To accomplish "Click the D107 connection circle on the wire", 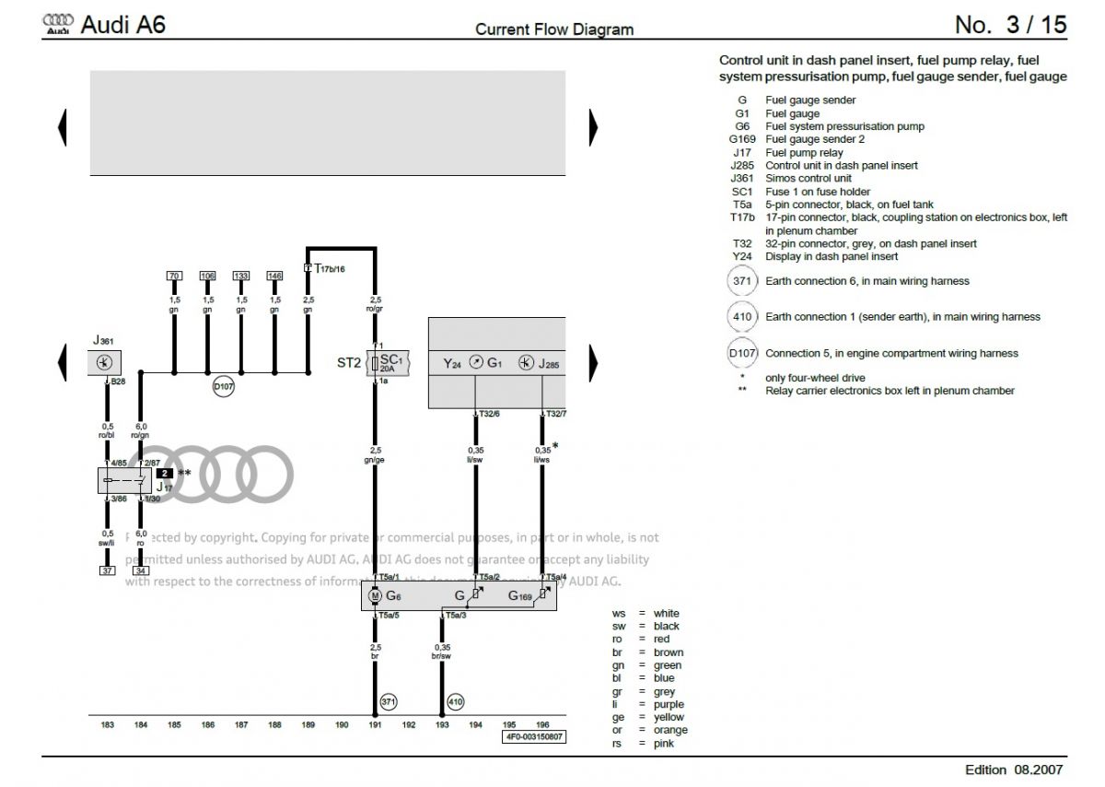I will click(x=224, y=387).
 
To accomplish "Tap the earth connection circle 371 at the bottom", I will click(x=388, y=702).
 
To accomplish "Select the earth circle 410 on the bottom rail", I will click(x=455, y=702).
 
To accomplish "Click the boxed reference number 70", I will click(x=174, y=276).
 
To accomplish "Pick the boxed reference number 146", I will click(x=274, y=276).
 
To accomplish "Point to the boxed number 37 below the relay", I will click(x=108, y=570).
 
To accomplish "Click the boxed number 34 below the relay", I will click(x=141, y=570).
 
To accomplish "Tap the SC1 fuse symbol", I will click(x=376, y=362).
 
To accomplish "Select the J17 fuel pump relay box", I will click(x=124, y=480).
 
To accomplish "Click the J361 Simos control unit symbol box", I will click(x=108, y=363).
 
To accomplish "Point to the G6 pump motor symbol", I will click(x=375, y=596).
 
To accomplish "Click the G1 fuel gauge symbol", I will click(x=476, y=363).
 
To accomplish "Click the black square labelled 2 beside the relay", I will click(x=165, y=472).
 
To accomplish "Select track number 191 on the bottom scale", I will click(x=375, y=725).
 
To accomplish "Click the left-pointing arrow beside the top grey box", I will click(x=63, y=127).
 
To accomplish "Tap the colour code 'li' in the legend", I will click(x=618, y=704).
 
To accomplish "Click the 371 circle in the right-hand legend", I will click(x=741, y=281).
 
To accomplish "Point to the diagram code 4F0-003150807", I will click(x=534, y=737).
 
